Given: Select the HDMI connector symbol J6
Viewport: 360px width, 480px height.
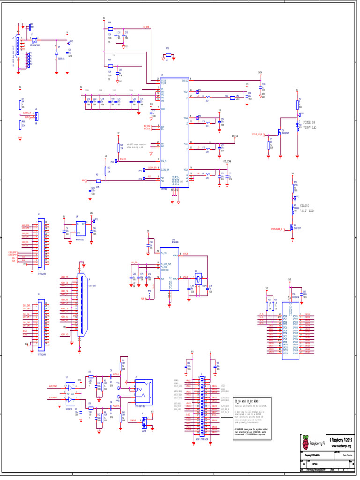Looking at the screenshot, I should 82,305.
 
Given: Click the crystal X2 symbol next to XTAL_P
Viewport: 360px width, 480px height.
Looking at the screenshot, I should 198,280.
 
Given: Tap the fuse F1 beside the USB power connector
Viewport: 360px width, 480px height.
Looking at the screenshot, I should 34,41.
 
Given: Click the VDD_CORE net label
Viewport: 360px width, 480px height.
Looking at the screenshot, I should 227,161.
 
